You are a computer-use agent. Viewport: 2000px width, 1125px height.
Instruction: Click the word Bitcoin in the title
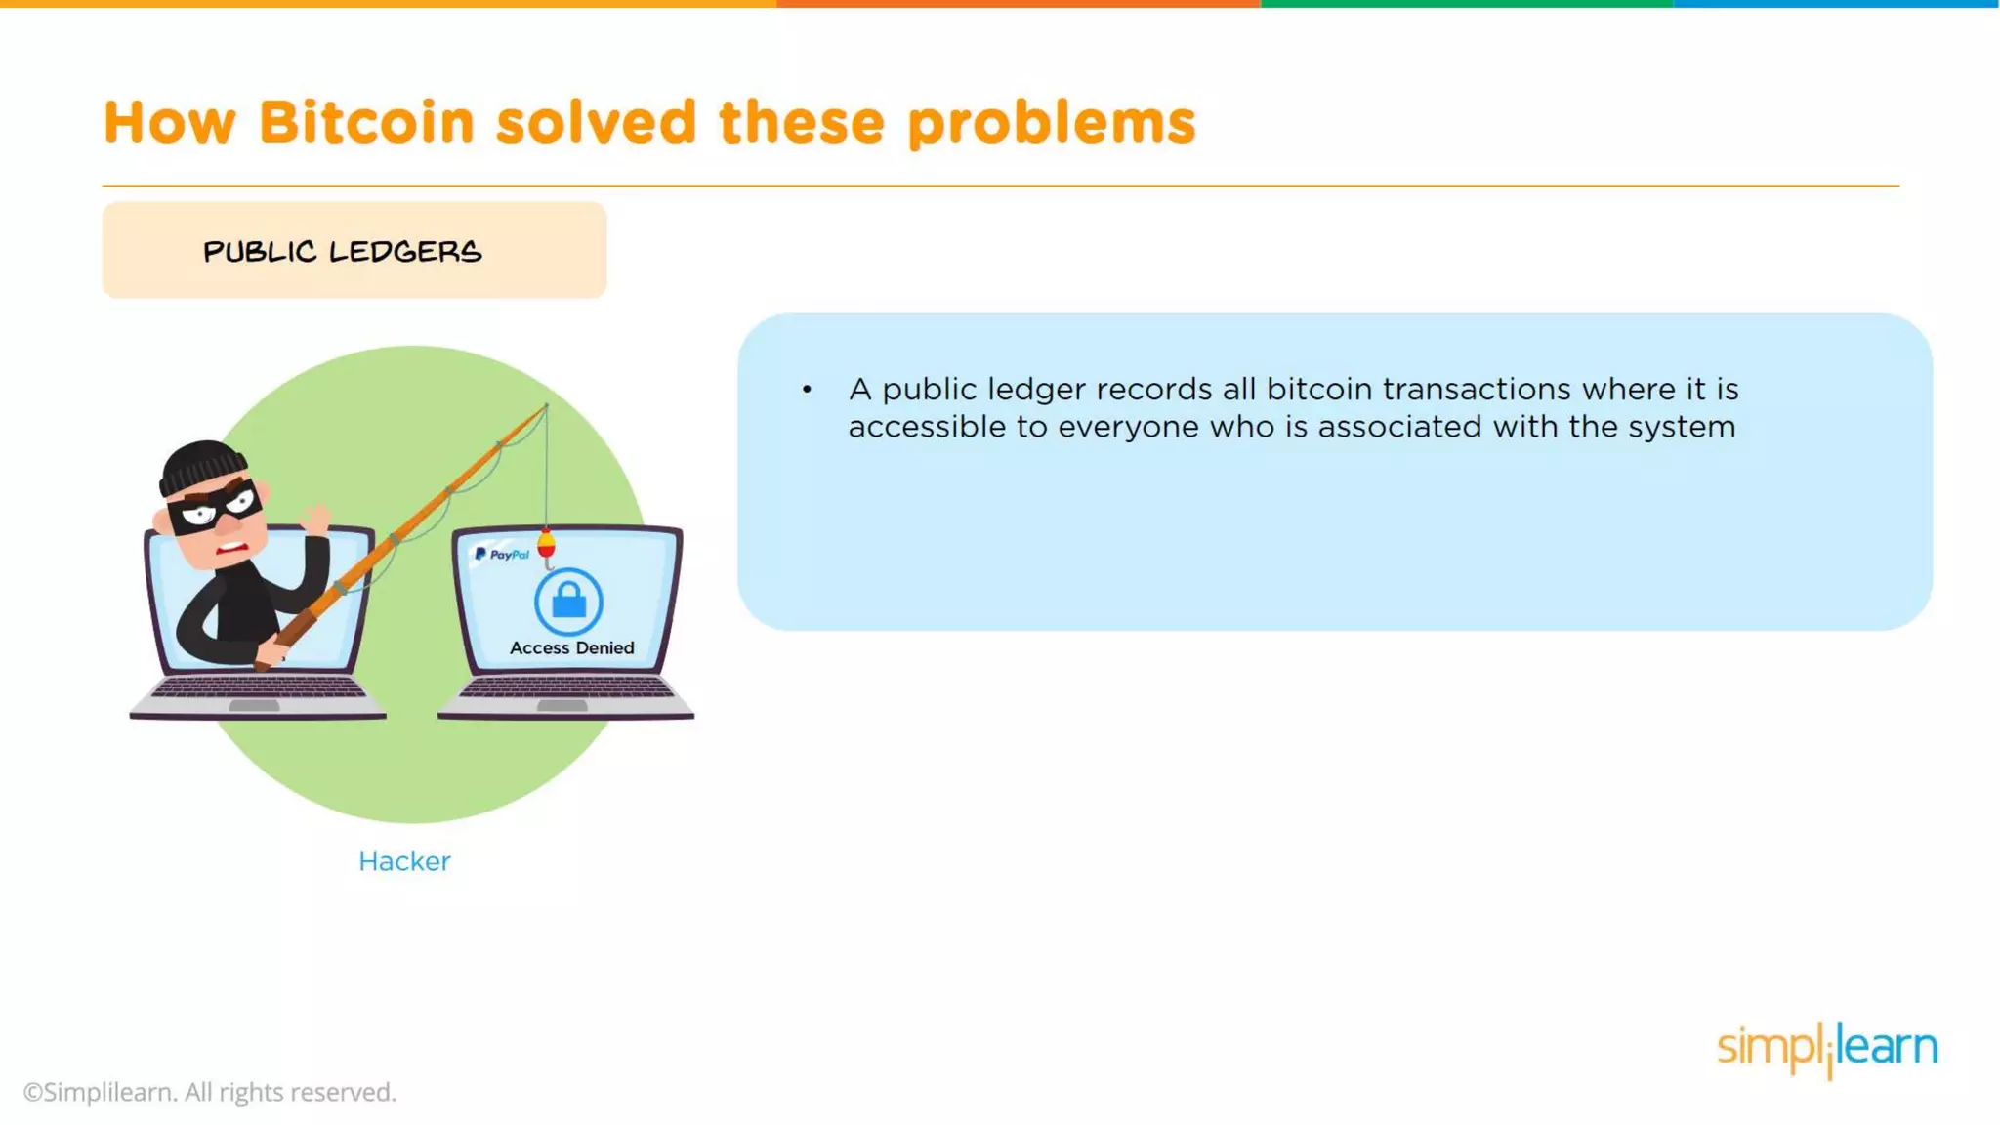click(x=366, y=123)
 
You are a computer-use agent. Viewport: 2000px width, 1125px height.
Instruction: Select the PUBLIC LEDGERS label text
click(x=343, y=252)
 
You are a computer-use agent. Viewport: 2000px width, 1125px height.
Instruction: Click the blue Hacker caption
click(x=404, y=861)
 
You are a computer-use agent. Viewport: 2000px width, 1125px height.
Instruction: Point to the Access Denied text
click(x=571, y=648)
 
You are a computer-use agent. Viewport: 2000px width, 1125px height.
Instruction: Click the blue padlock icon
click(x=568, y=601)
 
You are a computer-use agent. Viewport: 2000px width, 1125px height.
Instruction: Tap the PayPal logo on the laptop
click(x=502, y=555)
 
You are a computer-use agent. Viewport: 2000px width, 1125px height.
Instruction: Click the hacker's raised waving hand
click(x=316, y=518)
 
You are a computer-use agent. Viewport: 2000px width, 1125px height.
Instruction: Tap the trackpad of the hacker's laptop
click(x=254, y=705)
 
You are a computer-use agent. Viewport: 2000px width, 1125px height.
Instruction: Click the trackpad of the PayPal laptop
click(x=562, y=705)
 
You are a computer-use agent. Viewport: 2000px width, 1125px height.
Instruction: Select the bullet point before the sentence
click(x=807, y=390)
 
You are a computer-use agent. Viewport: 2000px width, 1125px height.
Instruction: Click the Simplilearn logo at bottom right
click(x=1827, y=1049)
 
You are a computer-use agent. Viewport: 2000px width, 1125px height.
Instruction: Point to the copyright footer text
click(x=210, y=1092)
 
